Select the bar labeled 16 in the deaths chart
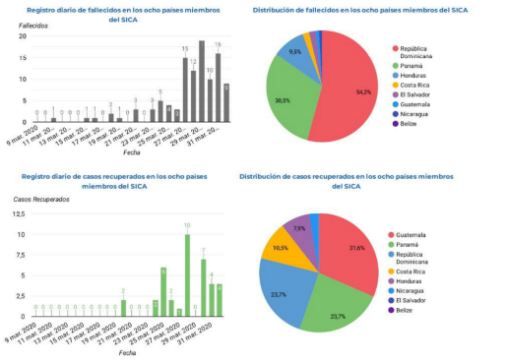coord(218,89)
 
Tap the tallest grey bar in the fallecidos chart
coord(201,83)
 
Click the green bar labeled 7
coord(203,287)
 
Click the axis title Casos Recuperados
coord(40,200)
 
